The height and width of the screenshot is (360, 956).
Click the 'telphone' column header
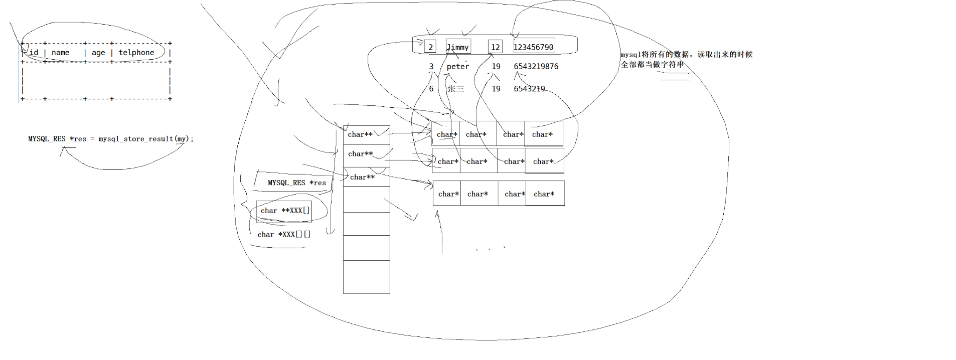tap(136, 53)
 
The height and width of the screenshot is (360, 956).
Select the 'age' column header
tap(98, 53)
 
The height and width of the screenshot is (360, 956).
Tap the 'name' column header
tap(61, 53)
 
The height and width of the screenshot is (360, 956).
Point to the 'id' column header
tap(34, 53)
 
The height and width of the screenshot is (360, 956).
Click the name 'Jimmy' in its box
tap(458, 47)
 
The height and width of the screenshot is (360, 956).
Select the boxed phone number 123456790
tap(534, 47)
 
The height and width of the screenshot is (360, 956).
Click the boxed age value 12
tap(495, 47)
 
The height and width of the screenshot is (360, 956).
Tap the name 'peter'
tap(458, 67)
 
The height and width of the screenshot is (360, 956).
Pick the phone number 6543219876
tap(536, 67)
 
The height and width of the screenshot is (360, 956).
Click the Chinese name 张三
tap(455, 89)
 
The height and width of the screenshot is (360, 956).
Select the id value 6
tap(431, 89)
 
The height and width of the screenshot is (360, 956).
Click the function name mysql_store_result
tap(135, 139)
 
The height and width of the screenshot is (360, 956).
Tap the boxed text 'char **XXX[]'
tap(284, 211)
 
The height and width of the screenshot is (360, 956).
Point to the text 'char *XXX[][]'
tap(284, 234)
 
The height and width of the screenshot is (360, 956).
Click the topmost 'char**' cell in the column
tap(366, 134)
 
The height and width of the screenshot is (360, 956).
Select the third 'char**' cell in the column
tap(366, 177)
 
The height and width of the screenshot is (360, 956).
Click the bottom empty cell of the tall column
tap(366, 277)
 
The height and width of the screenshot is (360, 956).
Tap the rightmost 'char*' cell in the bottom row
tap(545, 194)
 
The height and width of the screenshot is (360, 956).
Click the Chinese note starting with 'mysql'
tap(686, 59)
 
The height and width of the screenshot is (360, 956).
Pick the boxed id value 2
tap(430, 47)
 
